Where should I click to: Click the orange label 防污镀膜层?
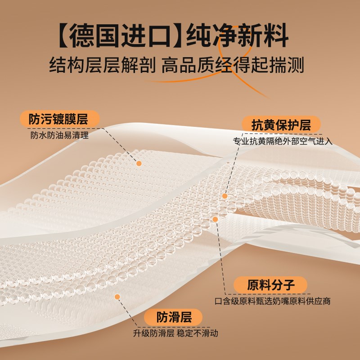tap(58, 119)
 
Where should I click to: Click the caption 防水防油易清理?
tap(60, 135)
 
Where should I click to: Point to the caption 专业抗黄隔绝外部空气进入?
tap(283, 141)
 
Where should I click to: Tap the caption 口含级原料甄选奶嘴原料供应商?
tap(273, 301)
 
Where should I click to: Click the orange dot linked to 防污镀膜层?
tap(139, 164)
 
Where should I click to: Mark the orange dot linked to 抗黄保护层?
tap(225, 196)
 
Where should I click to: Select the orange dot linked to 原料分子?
tap(215, 219)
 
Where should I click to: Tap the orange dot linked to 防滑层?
tap(117, 297)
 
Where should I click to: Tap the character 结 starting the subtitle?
tap(58, 65)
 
